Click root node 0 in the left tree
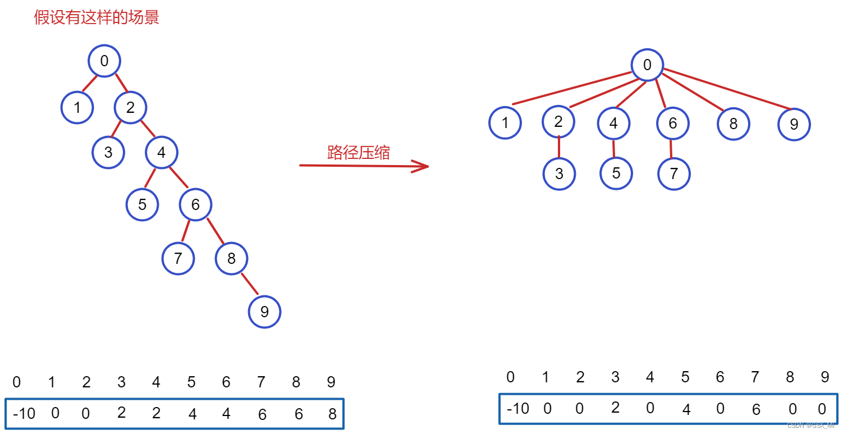point(104,60)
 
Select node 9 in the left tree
point(264,312)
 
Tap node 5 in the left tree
point(142,204)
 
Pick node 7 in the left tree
point(178,258)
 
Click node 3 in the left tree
point(108,152)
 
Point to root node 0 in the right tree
point(647,65)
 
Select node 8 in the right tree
point(733,124)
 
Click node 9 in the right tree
point(794,124)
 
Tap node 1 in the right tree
point(505,123)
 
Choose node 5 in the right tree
point(616,173)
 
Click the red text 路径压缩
point(358,152)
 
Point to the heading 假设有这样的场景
point(97,17)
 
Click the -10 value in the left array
point(24,414)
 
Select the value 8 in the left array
point(332,414)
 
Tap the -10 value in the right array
point(517,409)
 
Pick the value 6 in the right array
point(756,410)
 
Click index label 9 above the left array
point(331,382)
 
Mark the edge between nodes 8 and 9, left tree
point(250,284)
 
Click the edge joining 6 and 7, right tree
point(671,148)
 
